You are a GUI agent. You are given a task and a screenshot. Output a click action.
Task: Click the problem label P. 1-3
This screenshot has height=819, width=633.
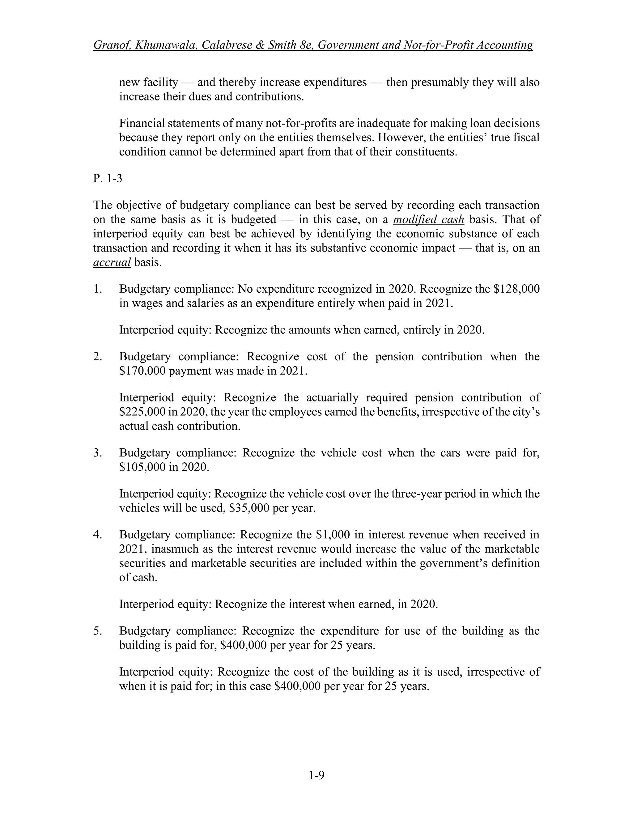point(108,179)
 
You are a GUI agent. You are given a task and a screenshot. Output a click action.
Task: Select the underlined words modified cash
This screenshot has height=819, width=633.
point(428,219)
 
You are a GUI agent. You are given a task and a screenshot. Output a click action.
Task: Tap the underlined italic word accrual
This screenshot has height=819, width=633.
point(112,262)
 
